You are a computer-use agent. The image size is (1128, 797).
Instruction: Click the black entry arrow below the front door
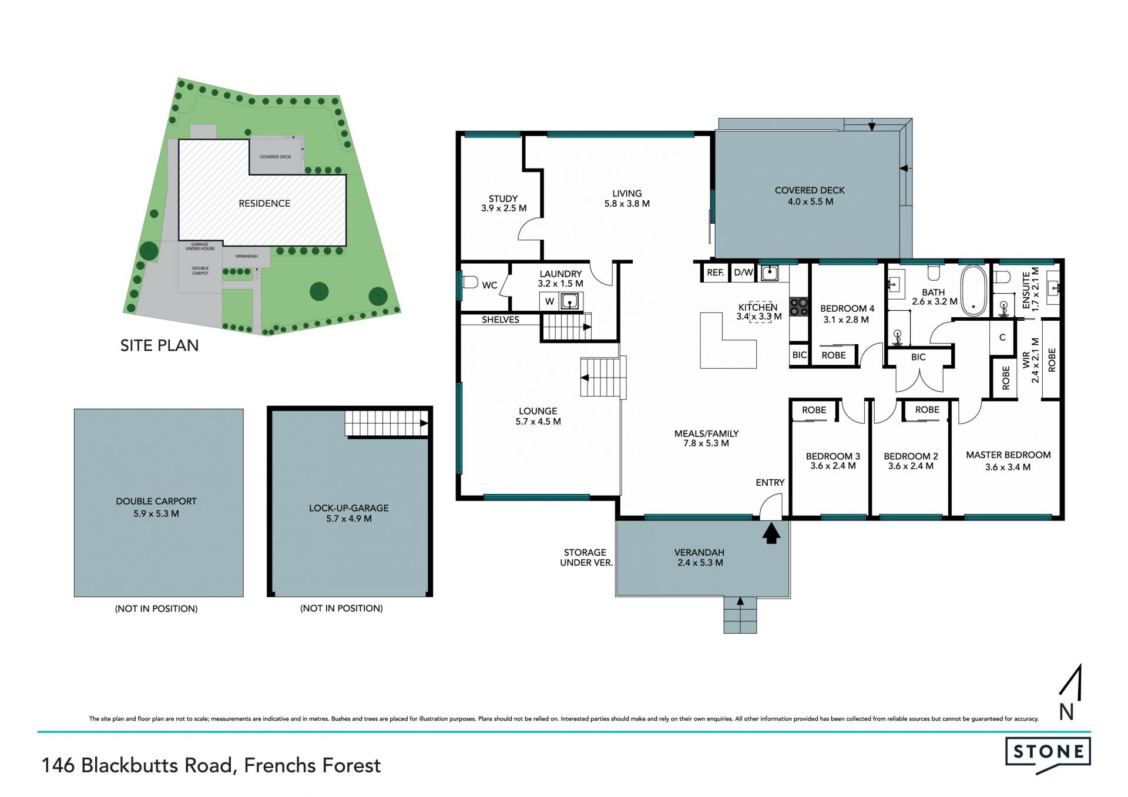tap(771, 534)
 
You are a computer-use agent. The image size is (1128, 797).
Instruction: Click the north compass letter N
tap(1066, 712)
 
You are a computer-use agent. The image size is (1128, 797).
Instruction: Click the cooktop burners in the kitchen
tap(799, 307)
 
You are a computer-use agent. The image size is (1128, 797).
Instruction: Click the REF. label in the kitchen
tap(715, 273)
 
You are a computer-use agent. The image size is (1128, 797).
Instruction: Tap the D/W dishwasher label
tap(743, 273)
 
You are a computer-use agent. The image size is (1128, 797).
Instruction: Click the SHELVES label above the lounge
tap(501, 320)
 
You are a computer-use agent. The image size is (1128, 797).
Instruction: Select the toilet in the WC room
tap(470, 282)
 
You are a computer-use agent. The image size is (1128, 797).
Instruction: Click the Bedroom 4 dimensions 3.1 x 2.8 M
tap(846, 320)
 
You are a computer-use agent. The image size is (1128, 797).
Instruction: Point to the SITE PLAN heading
tap(159, 345)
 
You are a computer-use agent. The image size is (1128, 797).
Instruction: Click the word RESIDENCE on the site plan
tap(264, 203)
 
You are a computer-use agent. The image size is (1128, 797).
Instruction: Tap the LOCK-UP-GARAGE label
tap(349, 508)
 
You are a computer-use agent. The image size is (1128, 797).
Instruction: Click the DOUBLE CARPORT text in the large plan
tap(156, 501)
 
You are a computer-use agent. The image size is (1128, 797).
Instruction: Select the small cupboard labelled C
tap(1002, 337)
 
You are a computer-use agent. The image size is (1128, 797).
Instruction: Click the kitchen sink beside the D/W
tap(770, 273)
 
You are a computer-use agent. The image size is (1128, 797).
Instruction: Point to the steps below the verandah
tap(740, 615)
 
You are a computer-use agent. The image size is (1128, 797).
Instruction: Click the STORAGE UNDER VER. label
tap(586, 557)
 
